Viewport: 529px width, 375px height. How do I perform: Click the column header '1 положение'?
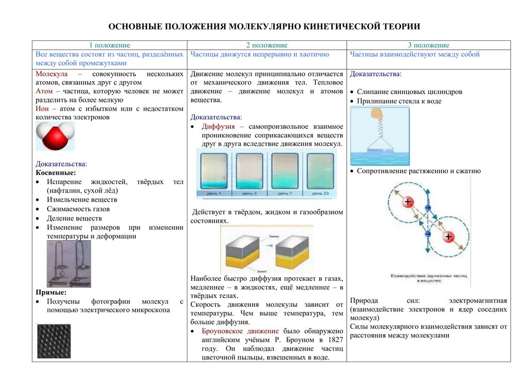coord(110,46)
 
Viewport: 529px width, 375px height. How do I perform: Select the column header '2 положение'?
coord(267,46)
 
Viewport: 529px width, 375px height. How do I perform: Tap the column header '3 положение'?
coord(428,46)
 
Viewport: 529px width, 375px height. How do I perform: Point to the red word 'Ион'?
coord(42,109)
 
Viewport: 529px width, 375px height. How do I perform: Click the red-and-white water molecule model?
coord(55,136)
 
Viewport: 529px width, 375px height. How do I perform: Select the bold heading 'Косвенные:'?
coord(56,173)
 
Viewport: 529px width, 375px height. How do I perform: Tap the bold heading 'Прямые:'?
coord(51,292)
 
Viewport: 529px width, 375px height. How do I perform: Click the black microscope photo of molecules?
coord(54,341)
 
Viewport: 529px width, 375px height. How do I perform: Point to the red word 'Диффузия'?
coord(218,127)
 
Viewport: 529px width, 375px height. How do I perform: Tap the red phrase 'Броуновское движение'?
coord(240,331)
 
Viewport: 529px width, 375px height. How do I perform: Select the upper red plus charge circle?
coord(408,202)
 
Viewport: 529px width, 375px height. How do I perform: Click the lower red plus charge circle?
coord(448,237)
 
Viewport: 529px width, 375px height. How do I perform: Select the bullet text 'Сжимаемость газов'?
coord(79,209)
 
